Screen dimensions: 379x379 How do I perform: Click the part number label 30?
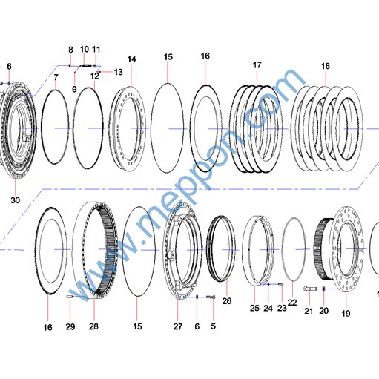[15, 200]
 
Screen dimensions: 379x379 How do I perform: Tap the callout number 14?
[131, 59]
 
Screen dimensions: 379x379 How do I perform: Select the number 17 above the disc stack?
[257, 65]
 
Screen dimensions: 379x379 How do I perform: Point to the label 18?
[326, 66]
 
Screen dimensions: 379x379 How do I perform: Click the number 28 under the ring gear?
[93, 326]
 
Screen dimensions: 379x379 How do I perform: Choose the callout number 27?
[178, 326]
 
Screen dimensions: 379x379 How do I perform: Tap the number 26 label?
[227, 301]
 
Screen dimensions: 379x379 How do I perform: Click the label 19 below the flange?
[346, 314]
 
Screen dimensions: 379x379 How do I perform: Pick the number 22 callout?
[292, 303]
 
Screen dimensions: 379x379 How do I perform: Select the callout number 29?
[70, 326]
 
